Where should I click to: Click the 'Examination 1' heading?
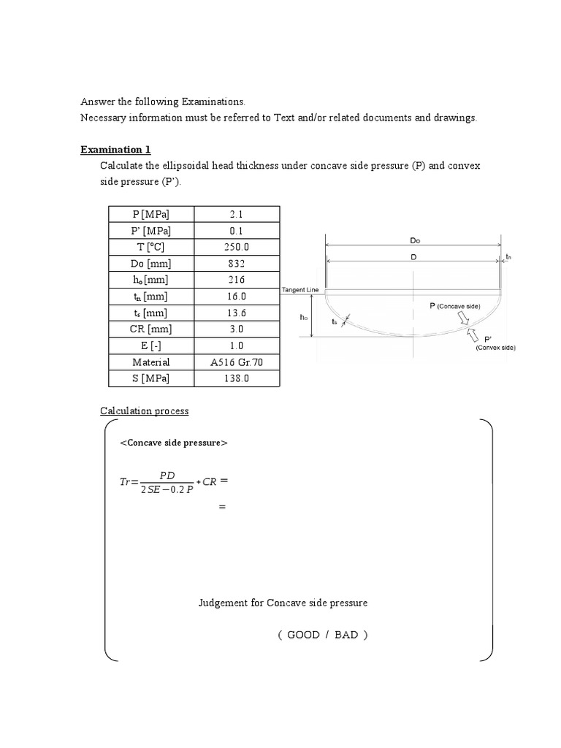tap(115, 150)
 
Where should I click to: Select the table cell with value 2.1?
tap(236, 214)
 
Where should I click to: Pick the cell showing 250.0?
tap(236, 247)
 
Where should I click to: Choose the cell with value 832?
tap(236, 264)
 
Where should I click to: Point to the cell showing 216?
tap(236, 280)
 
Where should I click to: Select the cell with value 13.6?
tap(236, 313)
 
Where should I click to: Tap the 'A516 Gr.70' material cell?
tap(236, 362)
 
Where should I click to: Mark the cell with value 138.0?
tap(236, 378)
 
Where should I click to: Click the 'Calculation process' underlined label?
tap(144, 411)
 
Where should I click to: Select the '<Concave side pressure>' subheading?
tap(173, 443)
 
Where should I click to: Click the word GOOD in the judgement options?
tap(303, 635)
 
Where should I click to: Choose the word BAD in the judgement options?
tap(346, 635)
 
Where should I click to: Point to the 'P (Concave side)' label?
tap(454, 307)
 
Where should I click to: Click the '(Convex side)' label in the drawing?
tap(495, 348)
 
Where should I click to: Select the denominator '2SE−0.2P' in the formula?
tap(165, 489)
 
